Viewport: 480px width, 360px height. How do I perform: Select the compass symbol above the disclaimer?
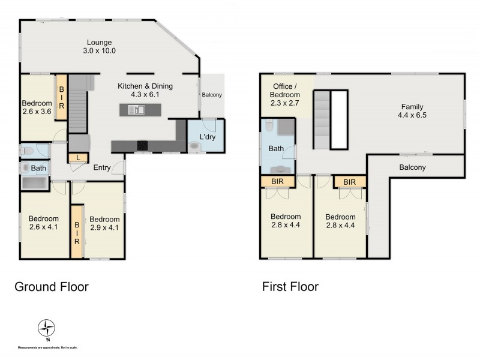pyautogui.click(x=46, y=328)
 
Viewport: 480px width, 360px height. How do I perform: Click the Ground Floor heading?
pyautogui.click(x=51, y=287)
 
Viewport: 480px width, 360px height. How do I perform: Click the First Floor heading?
pyautogui.click(x=290, y=287)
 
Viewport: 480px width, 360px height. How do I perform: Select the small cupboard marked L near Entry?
pyautogui.click(x=78, y=158)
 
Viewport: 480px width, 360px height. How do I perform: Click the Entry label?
pyautogui.click(x=101, y=168)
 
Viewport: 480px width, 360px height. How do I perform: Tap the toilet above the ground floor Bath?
pyautogui.click(x=27, y=150)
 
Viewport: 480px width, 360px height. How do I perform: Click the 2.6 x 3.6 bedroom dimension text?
pyautogui.click(x=37, y=111)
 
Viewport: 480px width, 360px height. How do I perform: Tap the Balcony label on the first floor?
pyautogui.click(x=412, y=167)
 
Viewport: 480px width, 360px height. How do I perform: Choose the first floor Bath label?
pyautogui.click(x=277, y=148)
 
